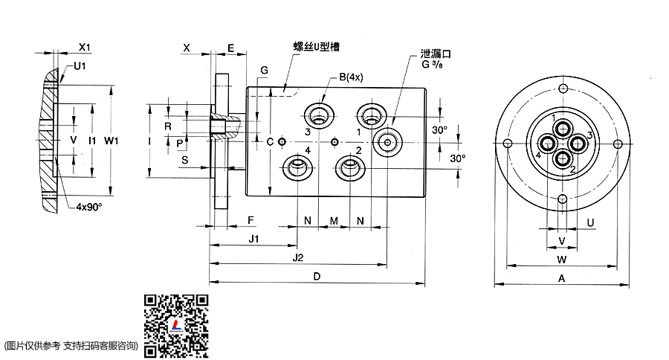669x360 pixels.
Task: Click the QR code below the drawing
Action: click(x=176, y=325)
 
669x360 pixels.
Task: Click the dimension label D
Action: click(x=317, y=277)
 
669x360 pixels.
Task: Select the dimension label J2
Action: click(x=298, y=257)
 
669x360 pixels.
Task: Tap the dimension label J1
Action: click(x=253, y=239)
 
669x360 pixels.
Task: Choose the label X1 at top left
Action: click(x=84, y=47)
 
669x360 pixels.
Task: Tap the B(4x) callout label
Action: click(x=350, y=77)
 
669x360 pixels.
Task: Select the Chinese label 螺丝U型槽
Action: click(x=317, y=46)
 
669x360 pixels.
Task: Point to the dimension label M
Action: click(x=334, y=221)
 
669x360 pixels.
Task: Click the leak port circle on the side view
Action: click(x=387, y=141)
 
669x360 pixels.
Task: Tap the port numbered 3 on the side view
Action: click(x=320, y=115)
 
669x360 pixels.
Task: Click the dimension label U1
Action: click(x=79, y=66)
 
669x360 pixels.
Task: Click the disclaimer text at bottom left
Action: click(x=71, y=345)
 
